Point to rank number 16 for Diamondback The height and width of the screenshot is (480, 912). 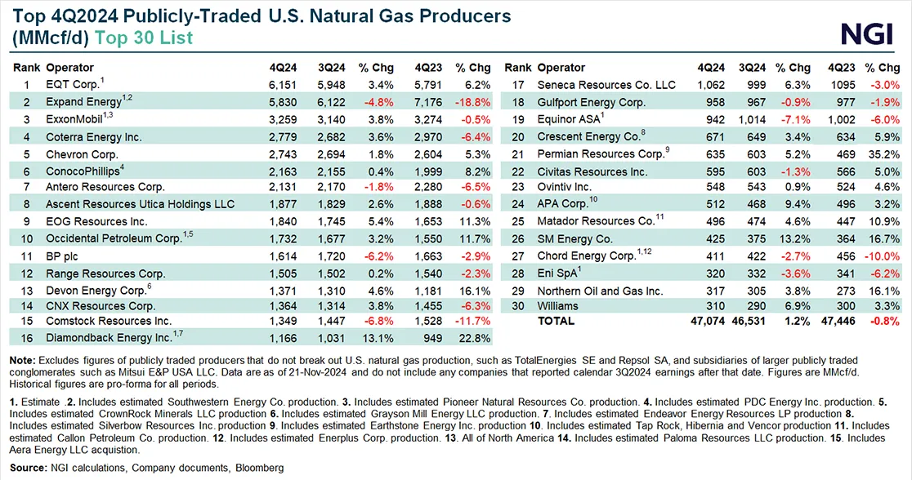click(x=25, y=336)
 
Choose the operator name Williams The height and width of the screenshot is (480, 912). click(x=558, y=306)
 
